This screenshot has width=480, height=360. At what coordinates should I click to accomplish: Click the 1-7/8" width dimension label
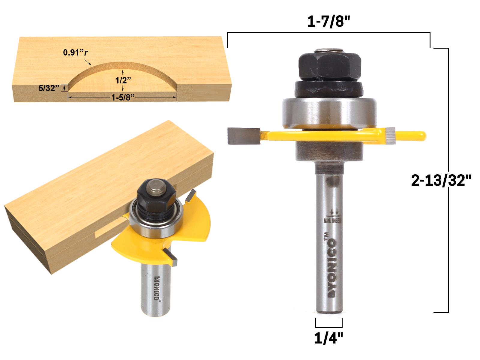(328, 22)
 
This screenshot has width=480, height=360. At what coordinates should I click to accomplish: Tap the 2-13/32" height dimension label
(441, 180)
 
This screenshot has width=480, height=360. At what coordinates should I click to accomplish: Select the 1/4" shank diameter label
(328, 338)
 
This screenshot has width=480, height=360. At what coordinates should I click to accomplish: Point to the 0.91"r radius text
(75, 52)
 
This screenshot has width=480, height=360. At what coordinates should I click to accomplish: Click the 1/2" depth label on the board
(123, 80)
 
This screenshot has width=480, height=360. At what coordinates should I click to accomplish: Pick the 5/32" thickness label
(49, 88)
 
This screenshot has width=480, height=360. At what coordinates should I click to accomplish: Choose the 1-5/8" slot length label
(123, 97)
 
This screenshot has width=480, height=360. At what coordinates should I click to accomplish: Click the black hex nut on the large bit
(329, 67)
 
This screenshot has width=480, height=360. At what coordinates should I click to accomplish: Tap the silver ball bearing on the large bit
(329, 112)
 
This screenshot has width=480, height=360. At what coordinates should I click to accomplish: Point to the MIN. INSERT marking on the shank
(332, 220)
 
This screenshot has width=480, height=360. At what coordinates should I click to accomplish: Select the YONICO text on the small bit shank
(157, 288)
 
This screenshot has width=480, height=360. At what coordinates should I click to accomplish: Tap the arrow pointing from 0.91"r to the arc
(88, 62)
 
